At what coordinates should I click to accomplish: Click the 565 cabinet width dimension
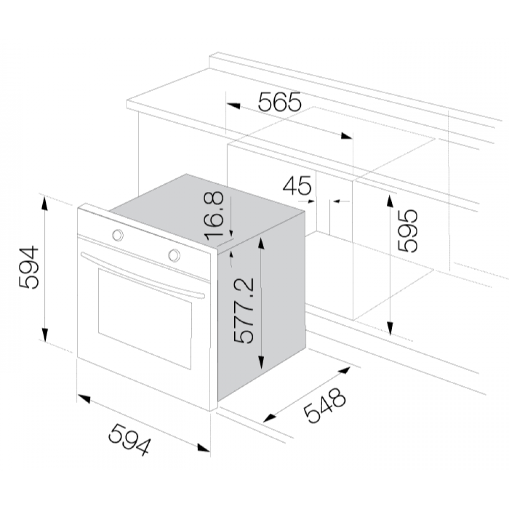coord(279,102)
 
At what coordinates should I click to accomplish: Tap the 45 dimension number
coord(297,185)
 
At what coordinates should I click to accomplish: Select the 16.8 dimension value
coord(214,215)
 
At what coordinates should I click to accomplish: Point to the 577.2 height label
coord(243,310)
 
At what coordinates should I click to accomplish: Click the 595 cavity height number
coord(408,231)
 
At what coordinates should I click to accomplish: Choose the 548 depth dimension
coord(325,405)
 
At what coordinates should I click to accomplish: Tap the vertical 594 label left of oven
coord(29,268)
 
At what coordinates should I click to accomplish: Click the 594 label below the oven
coord(130,439)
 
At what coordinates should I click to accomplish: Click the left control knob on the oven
coord(118,235)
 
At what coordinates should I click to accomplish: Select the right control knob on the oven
coord(174,255)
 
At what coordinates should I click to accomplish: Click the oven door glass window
coord(145,319)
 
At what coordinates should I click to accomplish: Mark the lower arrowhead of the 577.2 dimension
coord(261,362)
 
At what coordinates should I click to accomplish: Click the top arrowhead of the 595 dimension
coord(390,201)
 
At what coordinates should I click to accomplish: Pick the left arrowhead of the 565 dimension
coord(234,105)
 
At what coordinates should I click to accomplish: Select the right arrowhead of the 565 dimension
coord(346,136)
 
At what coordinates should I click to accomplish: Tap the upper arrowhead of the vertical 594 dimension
coord(45,204)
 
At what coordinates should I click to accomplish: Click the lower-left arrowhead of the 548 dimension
coord(269,418)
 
